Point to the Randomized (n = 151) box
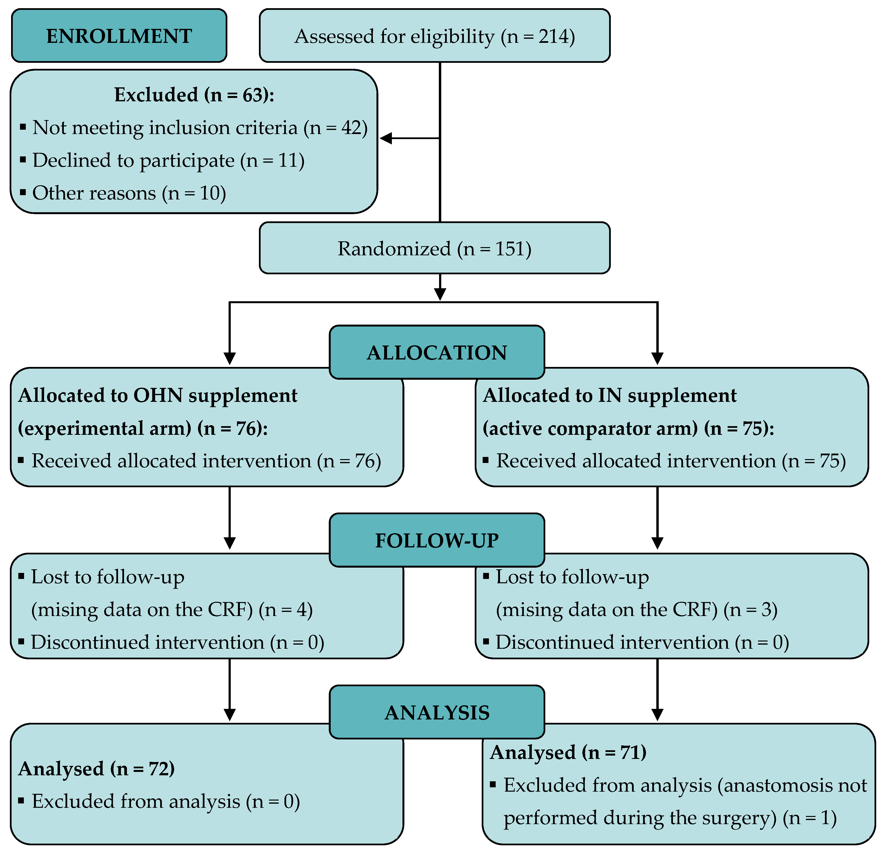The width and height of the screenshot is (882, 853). point(434,249)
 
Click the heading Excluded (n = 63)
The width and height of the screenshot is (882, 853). point(194,95)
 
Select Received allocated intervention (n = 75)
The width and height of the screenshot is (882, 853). point(671,461)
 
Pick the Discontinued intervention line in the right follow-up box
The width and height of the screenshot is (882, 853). point(642,642)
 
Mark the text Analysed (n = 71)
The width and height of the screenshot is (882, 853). point(568,752)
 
